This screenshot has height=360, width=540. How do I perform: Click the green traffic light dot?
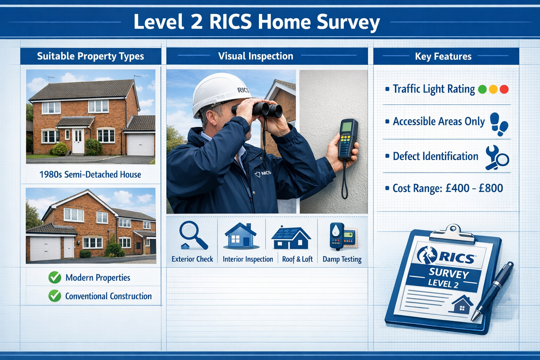click(x=482, y=89)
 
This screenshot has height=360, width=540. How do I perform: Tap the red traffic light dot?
click(x=504, y=89)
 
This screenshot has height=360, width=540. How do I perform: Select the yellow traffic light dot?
click(x=493, y=89)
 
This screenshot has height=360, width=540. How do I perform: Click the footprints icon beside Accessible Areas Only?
click(x=499, y=124)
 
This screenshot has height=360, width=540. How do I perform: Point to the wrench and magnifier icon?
click(x=497, y=157)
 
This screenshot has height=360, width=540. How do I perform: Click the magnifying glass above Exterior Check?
click(x=193, y=234)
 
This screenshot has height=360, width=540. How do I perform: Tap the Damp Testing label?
click(x=342, y=259)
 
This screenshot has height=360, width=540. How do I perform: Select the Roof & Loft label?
click(x=297, y=259)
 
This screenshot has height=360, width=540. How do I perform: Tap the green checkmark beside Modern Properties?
click(x=54, y=277)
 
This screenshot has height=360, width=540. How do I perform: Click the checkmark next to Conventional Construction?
click(x=54, y=296)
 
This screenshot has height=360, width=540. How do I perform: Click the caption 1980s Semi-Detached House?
click(x=90, y=174)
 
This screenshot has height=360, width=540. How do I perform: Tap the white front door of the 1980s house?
click(x=78, y=141)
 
